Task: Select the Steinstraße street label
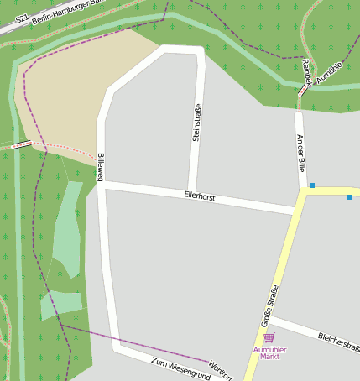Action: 197,122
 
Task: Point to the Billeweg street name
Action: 100,167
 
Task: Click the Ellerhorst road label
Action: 200,196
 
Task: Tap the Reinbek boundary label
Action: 306,72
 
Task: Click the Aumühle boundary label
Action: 330,73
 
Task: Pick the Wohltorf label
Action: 220,371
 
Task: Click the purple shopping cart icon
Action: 269,337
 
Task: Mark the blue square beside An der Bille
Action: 312,185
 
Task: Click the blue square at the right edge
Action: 350,197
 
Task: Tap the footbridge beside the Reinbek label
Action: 304,88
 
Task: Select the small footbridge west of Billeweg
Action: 22,144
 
